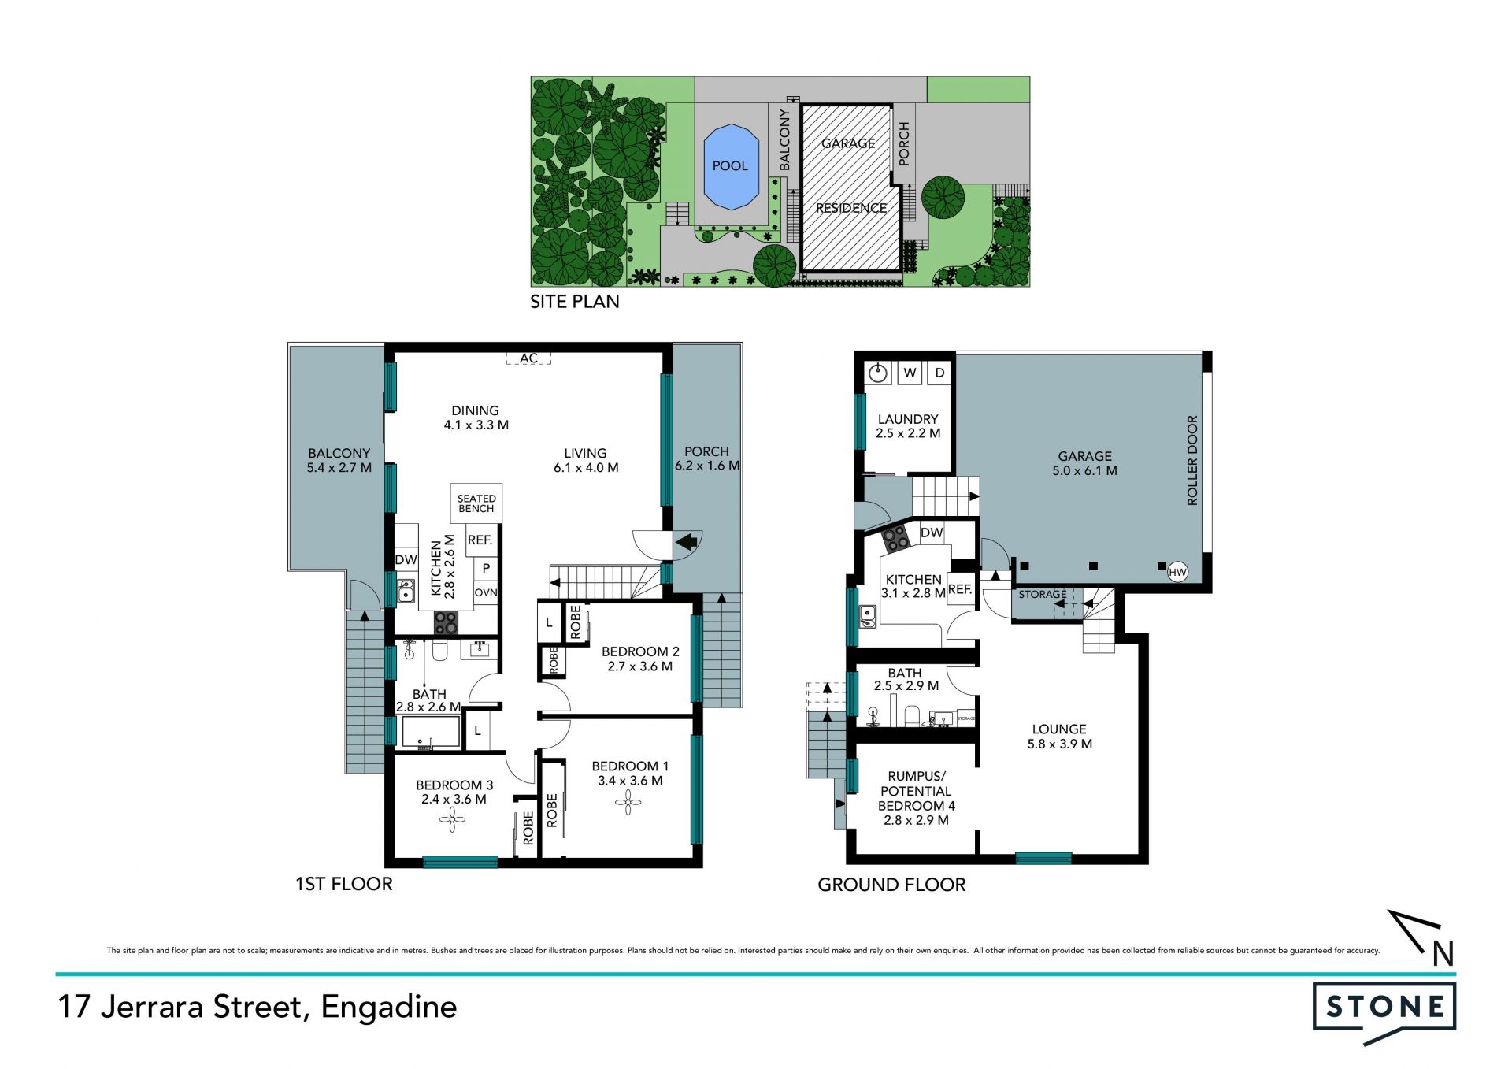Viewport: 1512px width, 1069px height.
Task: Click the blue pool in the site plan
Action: coord(730,167)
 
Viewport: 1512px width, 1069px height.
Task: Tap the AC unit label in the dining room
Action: coord(528,358)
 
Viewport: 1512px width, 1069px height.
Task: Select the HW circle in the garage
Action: coord(1177,573)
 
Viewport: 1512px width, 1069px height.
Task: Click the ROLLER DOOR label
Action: coord(1191,460)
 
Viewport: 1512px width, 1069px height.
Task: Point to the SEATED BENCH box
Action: coord(476,503)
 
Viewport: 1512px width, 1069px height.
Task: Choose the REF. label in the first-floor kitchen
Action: coord(480,540)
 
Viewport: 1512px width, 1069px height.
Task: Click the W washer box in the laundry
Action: coord(910,373)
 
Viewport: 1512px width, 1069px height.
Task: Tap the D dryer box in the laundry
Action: coord(939,373)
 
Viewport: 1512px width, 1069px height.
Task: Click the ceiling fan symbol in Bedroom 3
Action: coord(452,821)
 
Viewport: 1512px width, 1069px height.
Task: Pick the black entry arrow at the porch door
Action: coord(687,542)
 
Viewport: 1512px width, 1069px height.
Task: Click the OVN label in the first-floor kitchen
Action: coord(486,593)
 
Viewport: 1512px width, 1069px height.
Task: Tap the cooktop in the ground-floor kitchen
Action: coord(895,540)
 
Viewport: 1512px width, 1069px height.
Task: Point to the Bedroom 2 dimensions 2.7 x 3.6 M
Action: coord(639,666)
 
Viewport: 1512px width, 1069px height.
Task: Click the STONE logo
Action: coord(1384,1011)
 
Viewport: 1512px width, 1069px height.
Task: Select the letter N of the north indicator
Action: coord(1443,954)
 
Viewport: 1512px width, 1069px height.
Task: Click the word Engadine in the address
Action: coord(389,1008)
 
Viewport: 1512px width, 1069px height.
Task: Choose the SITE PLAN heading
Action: coord(575,302)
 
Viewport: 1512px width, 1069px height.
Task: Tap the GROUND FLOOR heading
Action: coord(891,885)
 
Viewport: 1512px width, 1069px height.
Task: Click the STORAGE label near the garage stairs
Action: coord(1043,595)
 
